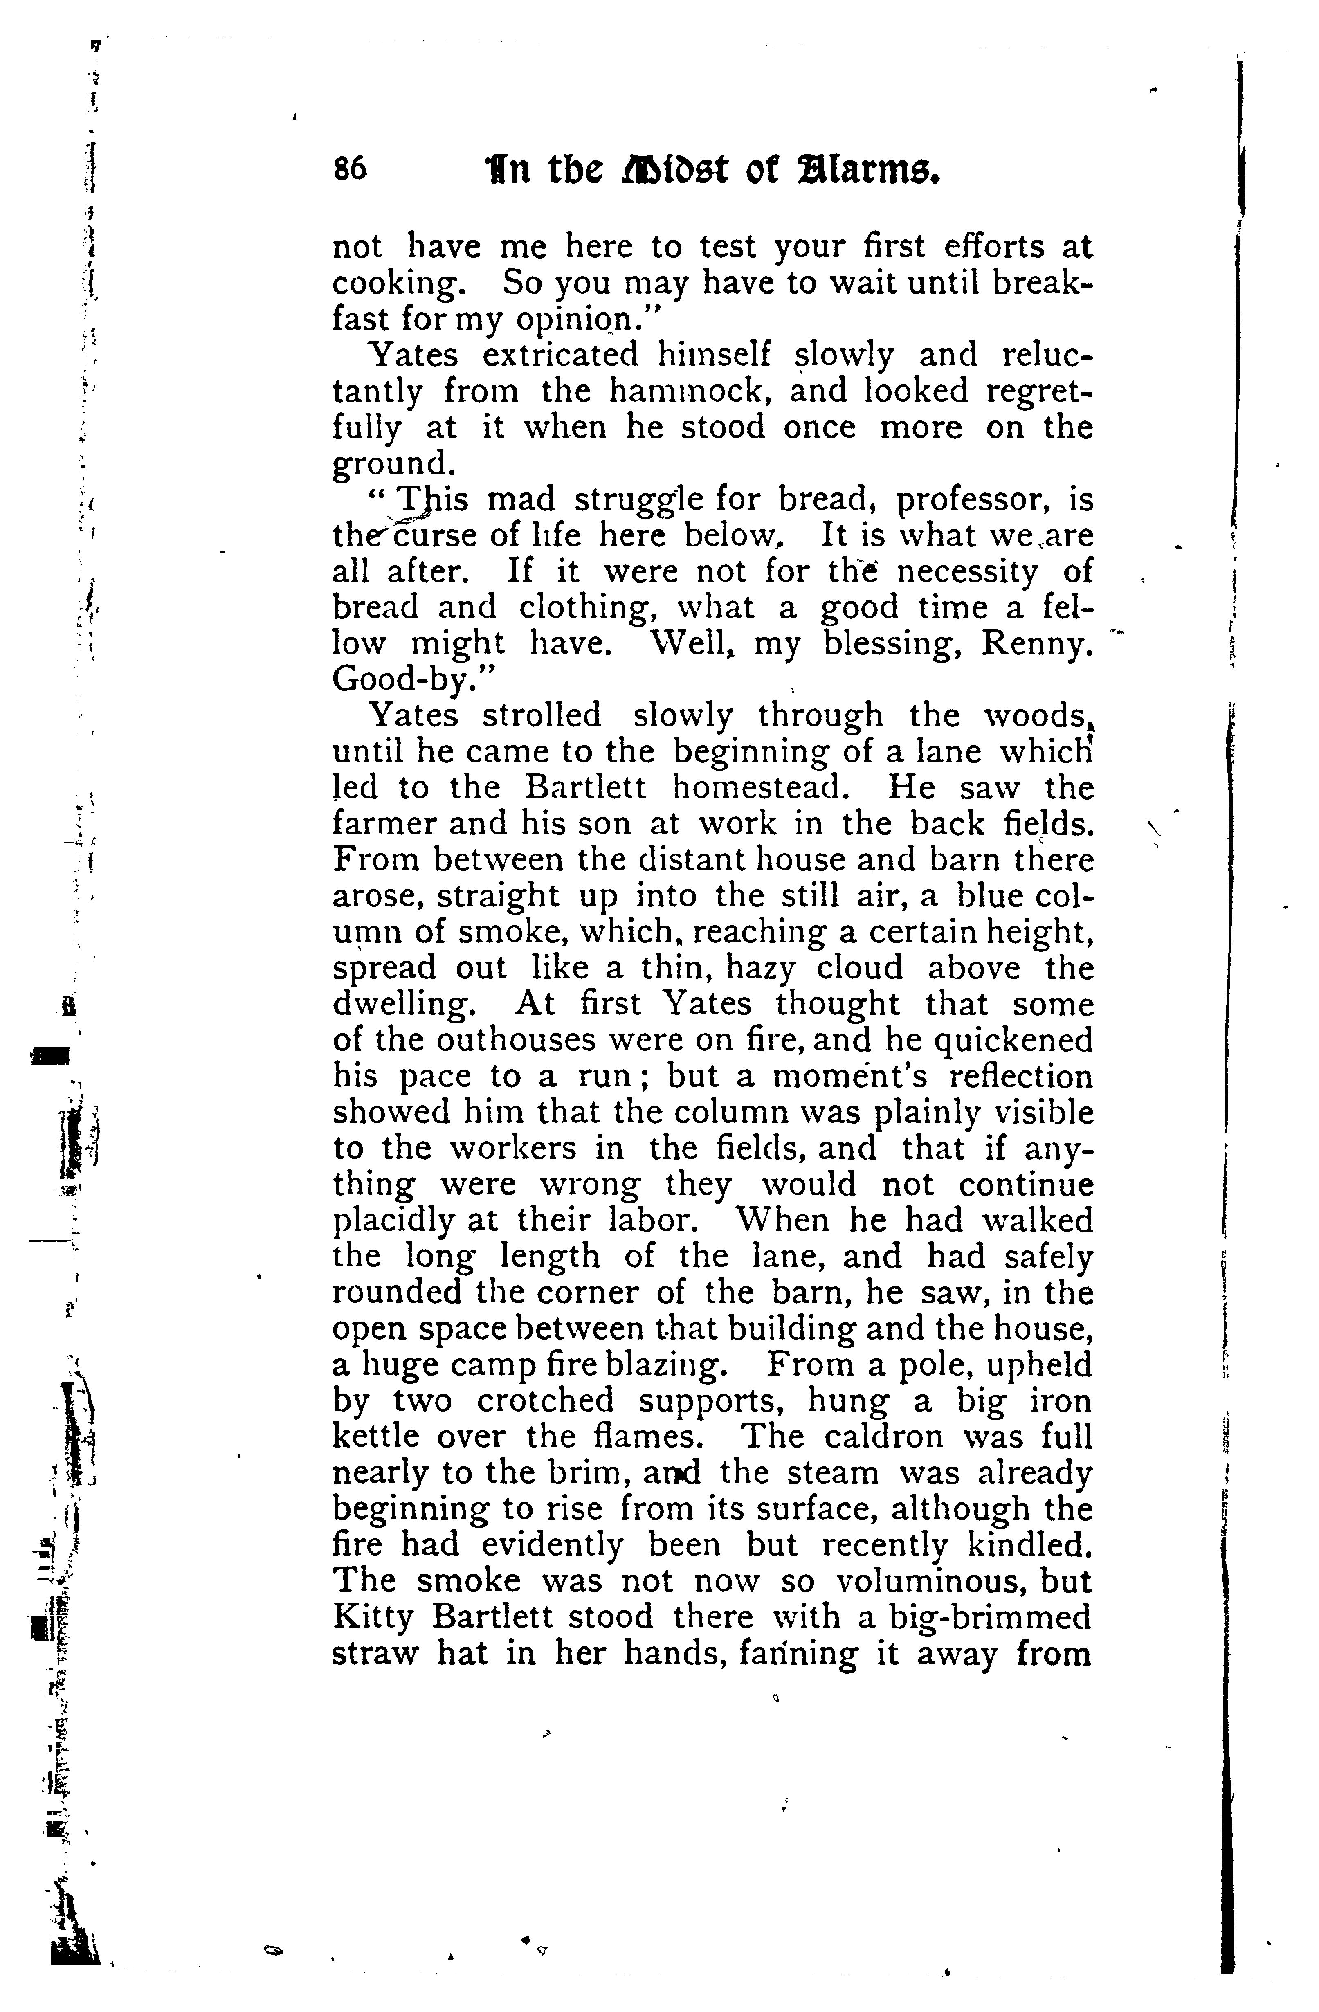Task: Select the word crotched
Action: (x=544, y=1401)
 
